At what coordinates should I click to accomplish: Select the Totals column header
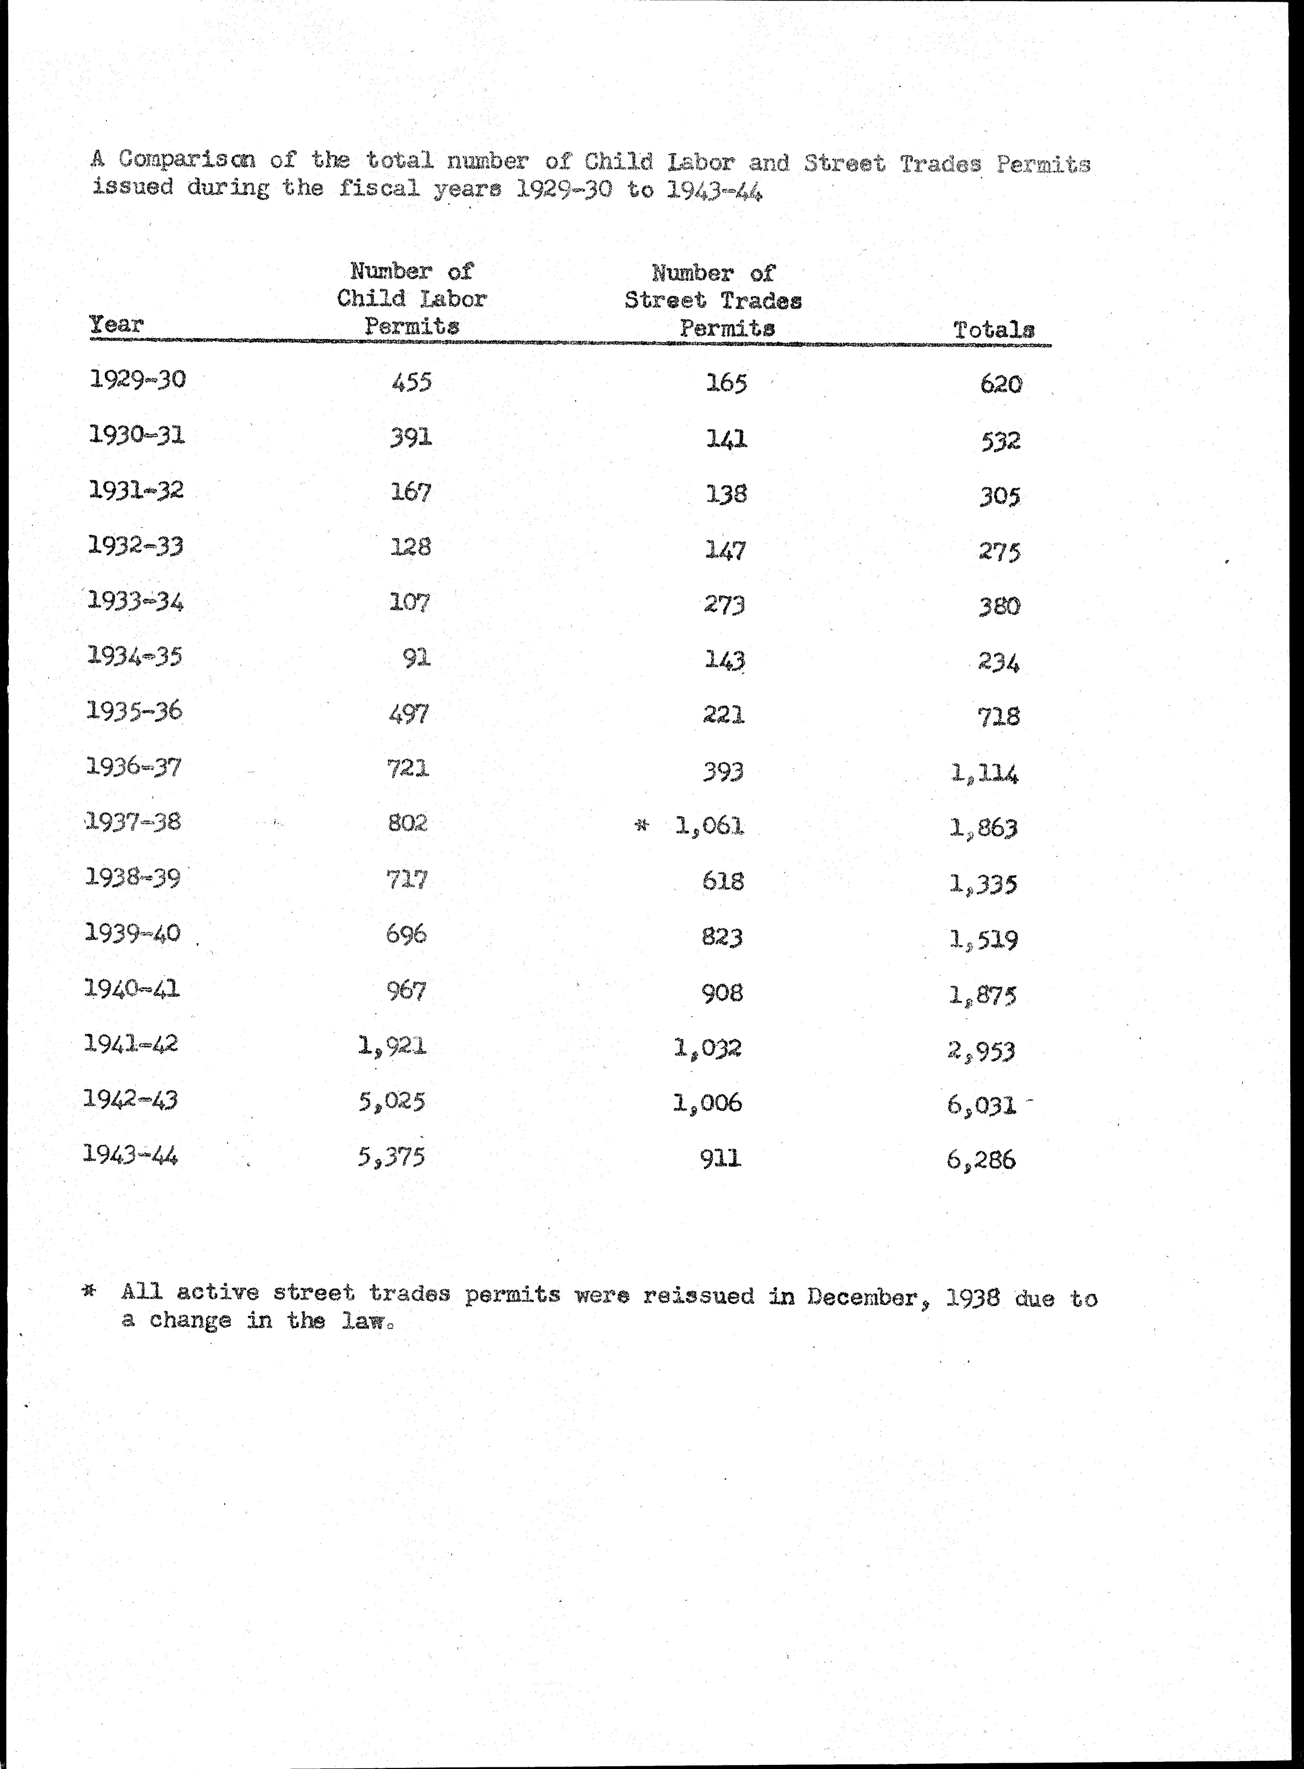[993, 330]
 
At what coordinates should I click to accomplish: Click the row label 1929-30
[137, 380]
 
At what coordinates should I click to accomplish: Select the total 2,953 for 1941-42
[981, 1051]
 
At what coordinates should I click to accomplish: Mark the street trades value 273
[725, 605]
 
